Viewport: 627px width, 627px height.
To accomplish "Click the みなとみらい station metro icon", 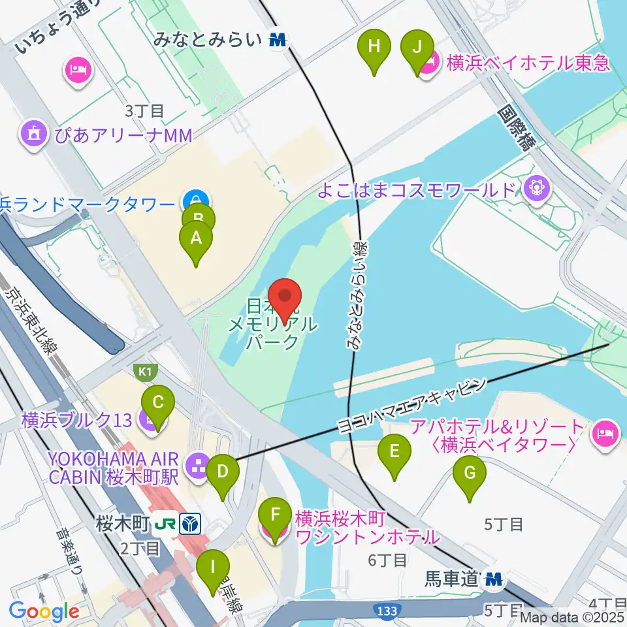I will [278, 40].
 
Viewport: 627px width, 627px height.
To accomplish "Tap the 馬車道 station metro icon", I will [494, 579].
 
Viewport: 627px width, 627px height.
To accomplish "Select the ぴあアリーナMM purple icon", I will [31, 134].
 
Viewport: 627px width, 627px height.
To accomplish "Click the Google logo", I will [44, 611].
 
